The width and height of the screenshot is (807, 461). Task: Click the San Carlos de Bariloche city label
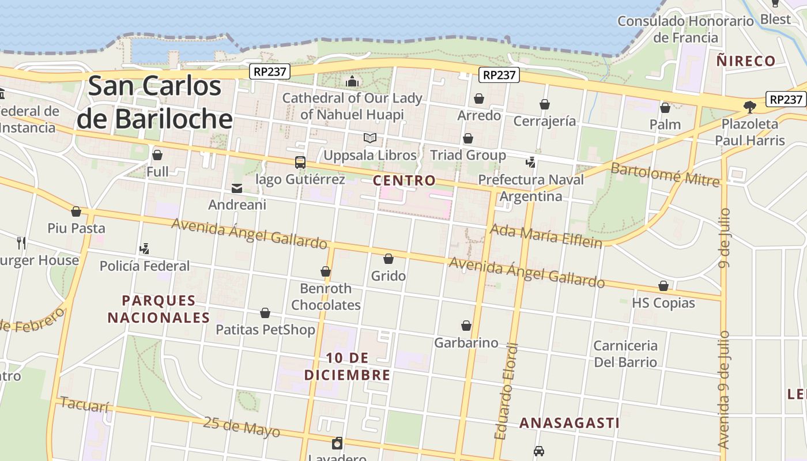pos(154,103)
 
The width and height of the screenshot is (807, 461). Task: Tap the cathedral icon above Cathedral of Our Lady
pos(352,81)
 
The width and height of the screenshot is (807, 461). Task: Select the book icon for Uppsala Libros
pos(369,138)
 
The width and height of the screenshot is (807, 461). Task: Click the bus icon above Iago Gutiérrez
pos(300,163)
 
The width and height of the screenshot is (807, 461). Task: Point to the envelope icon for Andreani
pos(237,188)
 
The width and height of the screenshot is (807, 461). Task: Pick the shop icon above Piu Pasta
pos(76,211)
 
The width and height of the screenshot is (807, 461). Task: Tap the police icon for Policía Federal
pos(144,249)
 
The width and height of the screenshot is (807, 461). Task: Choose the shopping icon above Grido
pos(389,259)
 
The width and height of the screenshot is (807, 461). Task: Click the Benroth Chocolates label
pos(326,296)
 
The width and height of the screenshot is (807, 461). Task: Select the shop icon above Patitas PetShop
pos(265,313)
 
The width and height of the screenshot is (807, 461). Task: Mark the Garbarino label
pos(466,343)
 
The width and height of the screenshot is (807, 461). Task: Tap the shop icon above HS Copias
pos(663,286)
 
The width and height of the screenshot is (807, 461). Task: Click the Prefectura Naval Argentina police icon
pos(530,163)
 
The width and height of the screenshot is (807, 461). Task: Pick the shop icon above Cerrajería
pos(544,104)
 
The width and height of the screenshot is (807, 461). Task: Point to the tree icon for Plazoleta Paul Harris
pos(749,107)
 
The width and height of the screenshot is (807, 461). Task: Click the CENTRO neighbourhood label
pos(404,180)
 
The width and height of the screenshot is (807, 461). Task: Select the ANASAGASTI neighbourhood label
pos(570,423)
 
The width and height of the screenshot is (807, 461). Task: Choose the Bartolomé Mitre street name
pos(665,175)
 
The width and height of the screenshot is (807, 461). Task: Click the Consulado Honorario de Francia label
pos(685,29)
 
